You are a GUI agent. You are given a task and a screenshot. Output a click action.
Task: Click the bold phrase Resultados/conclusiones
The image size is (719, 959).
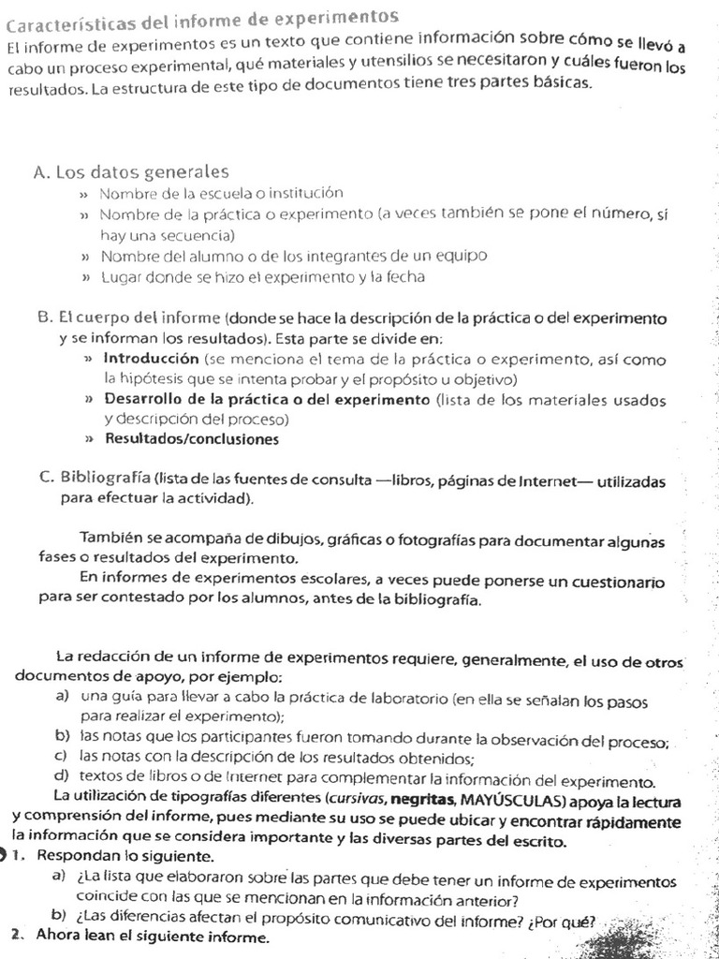pos(191,438)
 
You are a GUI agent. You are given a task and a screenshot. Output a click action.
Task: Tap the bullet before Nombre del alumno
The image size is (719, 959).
pos(85,256)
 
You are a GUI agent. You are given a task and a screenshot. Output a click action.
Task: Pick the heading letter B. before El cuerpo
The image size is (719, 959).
pos(46,317)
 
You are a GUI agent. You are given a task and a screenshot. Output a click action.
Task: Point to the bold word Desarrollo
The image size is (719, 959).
pos(146,400)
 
